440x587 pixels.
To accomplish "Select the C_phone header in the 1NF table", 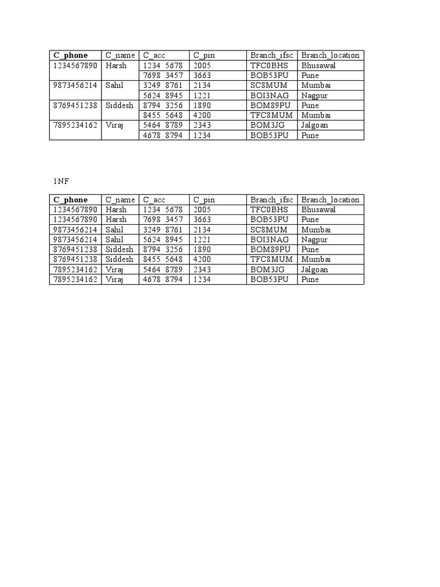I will pyautogui.click(x=71, y=199).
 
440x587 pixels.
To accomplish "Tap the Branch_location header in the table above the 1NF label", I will pyautogui.click(x=330, y=55).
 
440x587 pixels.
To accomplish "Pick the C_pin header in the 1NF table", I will pyautogui.click(x=204, y=199).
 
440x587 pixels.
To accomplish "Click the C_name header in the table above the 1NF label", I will pyautogui.click(x=120, y=55).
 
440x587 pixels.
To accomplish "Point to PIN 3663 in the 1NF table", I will pyautogui.click(x=202, y=220).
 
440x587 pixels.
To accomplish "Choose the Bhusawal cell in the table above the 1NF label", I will pyautogui.click(x=319, y=65).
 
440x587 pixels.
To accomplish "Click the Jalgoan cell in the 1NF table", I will pyautogui.click(x=315, y=269).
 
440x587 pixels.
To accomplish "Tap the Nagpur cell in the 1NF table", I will pyautogui.click(x=315, y=240).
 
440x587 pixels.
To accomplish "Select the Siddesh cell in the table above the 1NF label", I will pyautogui.click(x=119, y=105).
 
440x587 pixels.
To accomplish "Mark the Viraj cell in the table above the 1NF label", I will pyautogui.click(x=115, y=126).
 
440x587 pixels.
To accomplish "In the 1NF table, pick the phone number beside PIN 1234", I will pyautogui.click(x=76, y=280).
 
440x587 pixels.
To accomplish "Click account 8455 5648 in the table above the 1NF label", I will pyautogui.click(x=163, y=115).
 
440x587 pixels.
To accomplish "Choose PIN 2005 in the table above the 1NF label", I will pyautogui.click(x=202, y=65).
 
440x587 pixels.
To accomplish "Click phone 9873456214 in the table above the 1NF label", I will pyautogui.click(x=76, y=85).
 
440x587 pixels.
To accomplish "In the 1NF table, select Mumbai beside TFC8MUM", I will pyautogui.click(x=316, y=260).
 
